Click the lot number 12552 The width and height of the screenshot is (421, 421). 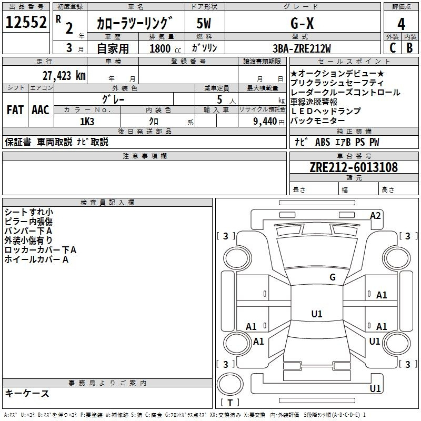(26, 22)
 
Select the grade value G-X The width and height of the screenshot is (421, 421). (302, 23)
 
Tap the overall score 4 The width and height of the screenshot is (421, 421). (401, 24)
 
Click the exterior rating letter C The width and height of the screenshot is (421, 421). (393, 48)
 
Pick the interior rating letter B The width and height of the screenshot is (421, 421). (410, 48)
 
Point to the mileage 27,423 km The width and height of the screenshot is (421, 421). (64, 76)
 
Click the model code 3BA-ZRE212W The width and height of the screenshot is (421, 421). (302, 48)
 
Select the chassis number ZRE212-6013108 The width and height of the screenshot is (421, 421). (354, 167)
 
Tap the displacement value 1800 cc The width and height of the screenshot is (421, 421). (165, 48)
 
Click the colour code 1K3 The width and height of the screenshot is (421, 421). (87, 122)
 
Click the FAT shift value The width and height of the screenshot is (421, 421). (15, 109)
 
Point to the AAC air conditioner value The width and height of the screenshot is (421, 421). (41, 109)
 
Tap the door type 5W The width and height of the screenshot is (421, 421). (204, 23)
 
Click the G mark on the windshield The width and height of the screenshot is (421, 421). (333, 277)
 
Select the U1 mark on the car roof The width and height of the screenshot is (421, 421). (317, 314)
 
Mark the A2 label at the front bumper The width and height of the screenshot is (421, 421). (375, 216)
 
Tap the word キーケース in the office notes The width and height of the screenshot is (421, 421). (27, 393)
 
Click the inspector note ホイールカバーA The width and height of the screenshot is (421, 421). (36, 259)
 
